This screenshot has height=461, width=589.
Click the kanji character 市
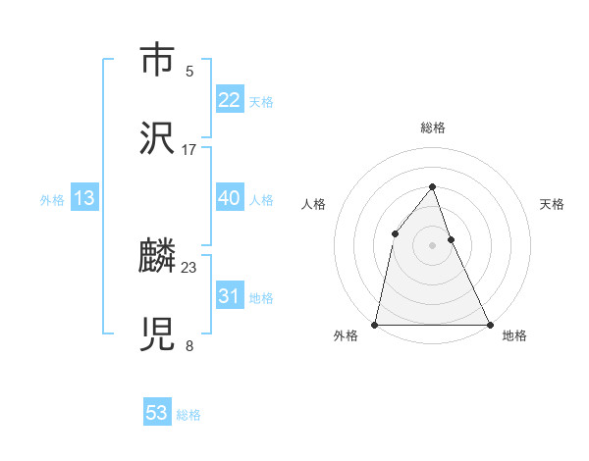click(x=157, y=61)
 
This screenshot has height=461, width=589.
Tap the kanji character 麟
click(x=157, y=256)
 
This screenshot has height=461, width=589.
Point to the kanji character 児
click(x=157, y=333)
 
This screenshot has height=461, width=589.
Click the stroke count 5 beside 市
click(x=189, y=72)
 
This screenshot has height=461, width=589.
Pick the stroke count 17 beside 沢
click(x=189, y=150)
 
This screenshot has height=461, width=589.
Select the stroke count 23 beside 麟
click(x=189, y=267)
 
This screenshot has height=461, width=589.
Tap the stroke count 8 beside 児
click(x=189, y=345)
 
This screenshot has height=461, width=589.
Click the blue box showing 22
click(x=229, y=100)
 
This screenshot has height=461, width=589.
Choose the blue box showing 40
click(x=229, y=198)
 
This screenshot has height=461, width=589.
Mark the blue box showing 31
click(x=229, y=296)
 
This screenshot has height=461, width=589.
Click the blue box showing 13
click(x=84, y=198)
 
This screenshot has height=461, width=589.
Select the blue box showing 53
click(x=157, y=413)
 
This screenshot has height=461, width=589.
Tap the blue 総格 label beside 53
click(x=188, y=415)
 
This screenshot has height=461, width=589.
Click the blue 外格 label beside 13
click(x=52, y=200)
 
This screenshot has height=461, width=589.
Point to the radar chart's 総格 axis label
click(x=432, y=128)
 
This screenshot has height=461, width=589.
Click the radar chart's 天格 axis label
click(x=553, y=204)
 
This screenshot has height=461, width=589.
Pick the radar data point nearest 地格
click(x=489, y=324)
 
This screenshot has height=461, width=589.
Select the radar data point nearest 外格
click(x=375, y=324)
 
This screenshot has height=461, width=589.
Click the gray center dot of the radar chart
click(x=432, y=244)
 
